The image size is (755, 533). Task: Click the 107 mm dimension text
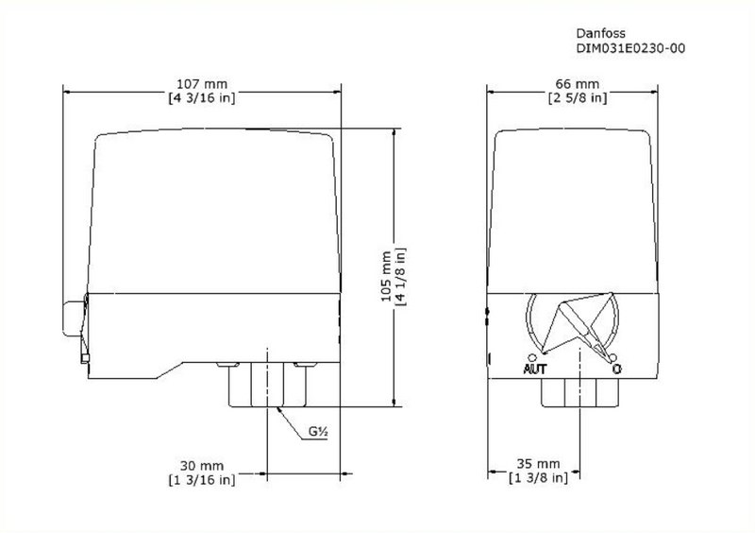click(x=201, y=83)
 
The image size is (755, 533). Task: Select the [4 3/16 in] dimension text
click(x=201, y=97)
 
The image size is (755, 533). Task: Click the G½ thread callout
click(x=317, y=433)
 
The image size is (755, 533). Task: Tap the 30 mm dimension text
click(x=203, y=465)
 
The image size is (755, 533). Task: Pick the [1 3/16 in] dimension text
click(x=203, y=479)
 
